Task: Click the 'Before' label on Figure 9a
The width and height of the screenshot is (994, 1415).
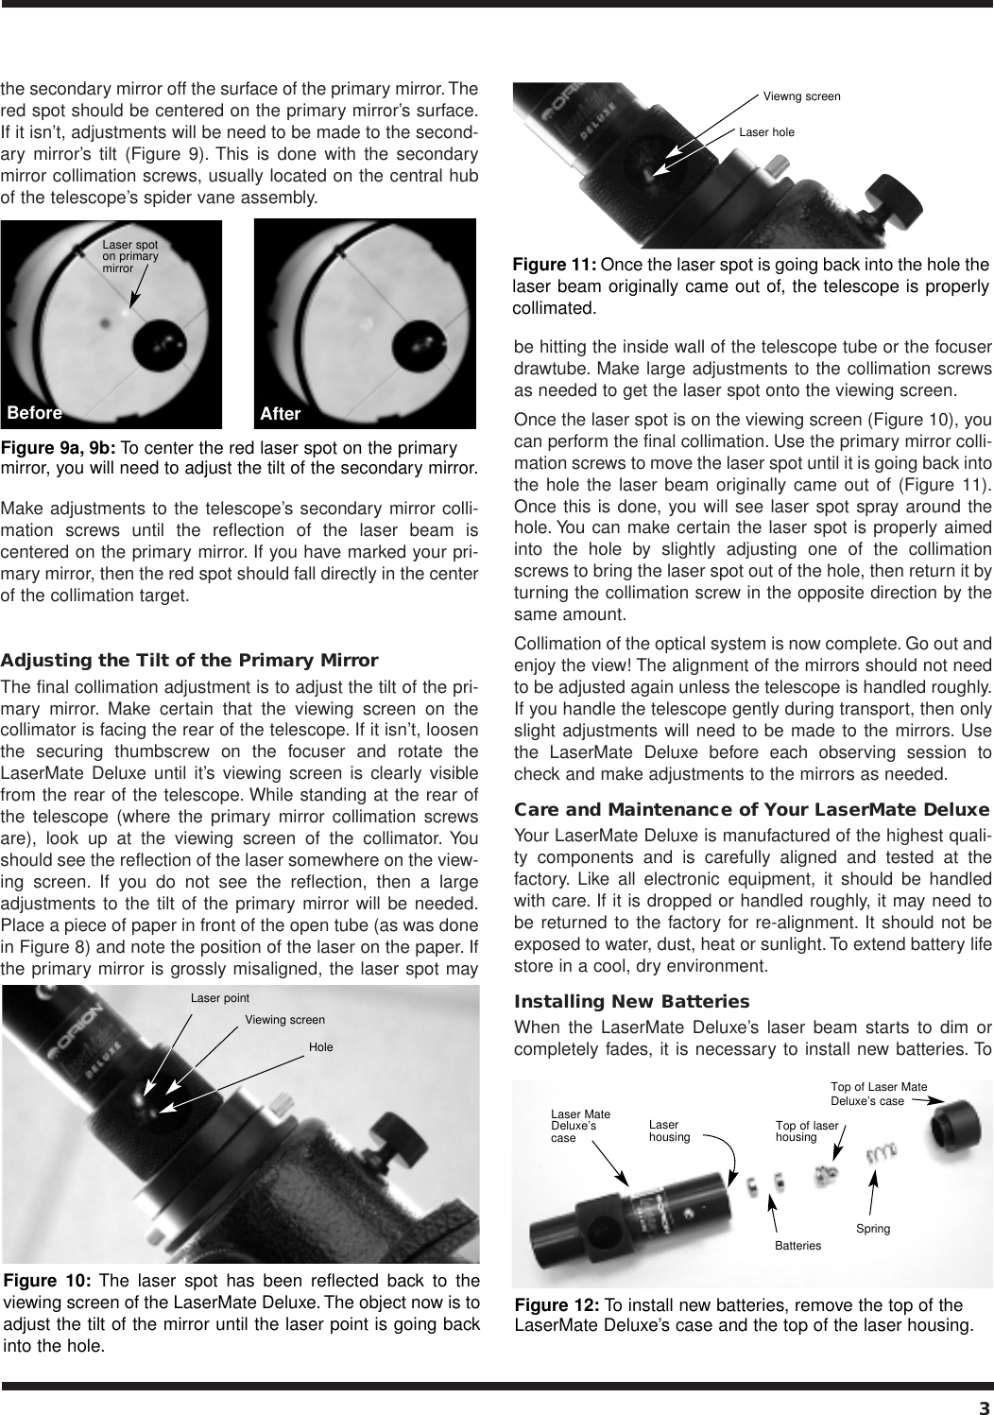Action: [x=35, y=413]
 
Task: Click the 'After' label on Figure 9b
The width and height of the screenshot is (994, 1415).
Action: [x=281, y=414]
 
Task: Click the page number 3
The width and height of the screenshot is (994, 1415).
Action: [x=983, y=1403]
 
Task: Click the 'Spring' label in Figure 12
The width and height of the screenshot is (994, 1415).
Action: [x=873, y=1229]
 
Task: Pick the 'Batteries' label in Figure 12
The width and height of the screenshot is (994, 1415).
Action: [x=798, y=1246]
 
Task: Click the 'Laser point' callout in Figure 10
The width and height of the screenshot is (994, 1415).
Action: [x=220, y=997]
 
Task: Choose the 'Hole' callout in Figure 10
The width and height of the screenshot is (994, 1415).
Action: [x=321, y=1047]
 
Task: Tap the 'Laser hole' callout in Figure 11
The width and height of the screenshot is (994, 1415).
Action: [x=766, y=132]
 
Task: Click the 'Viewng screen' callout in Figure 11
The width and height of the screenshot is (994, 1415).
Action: [x=801, y=96]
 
